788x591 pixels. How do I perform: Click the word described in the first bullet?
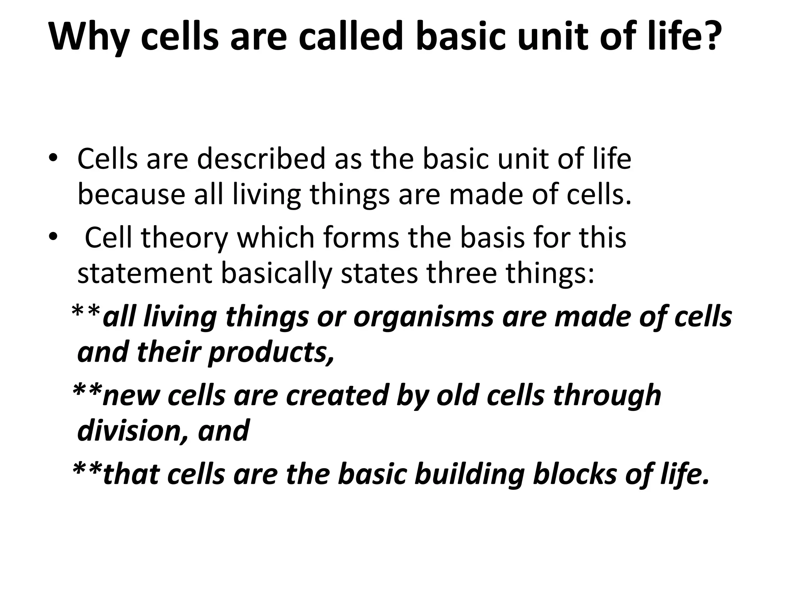[x=262, y=159]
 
